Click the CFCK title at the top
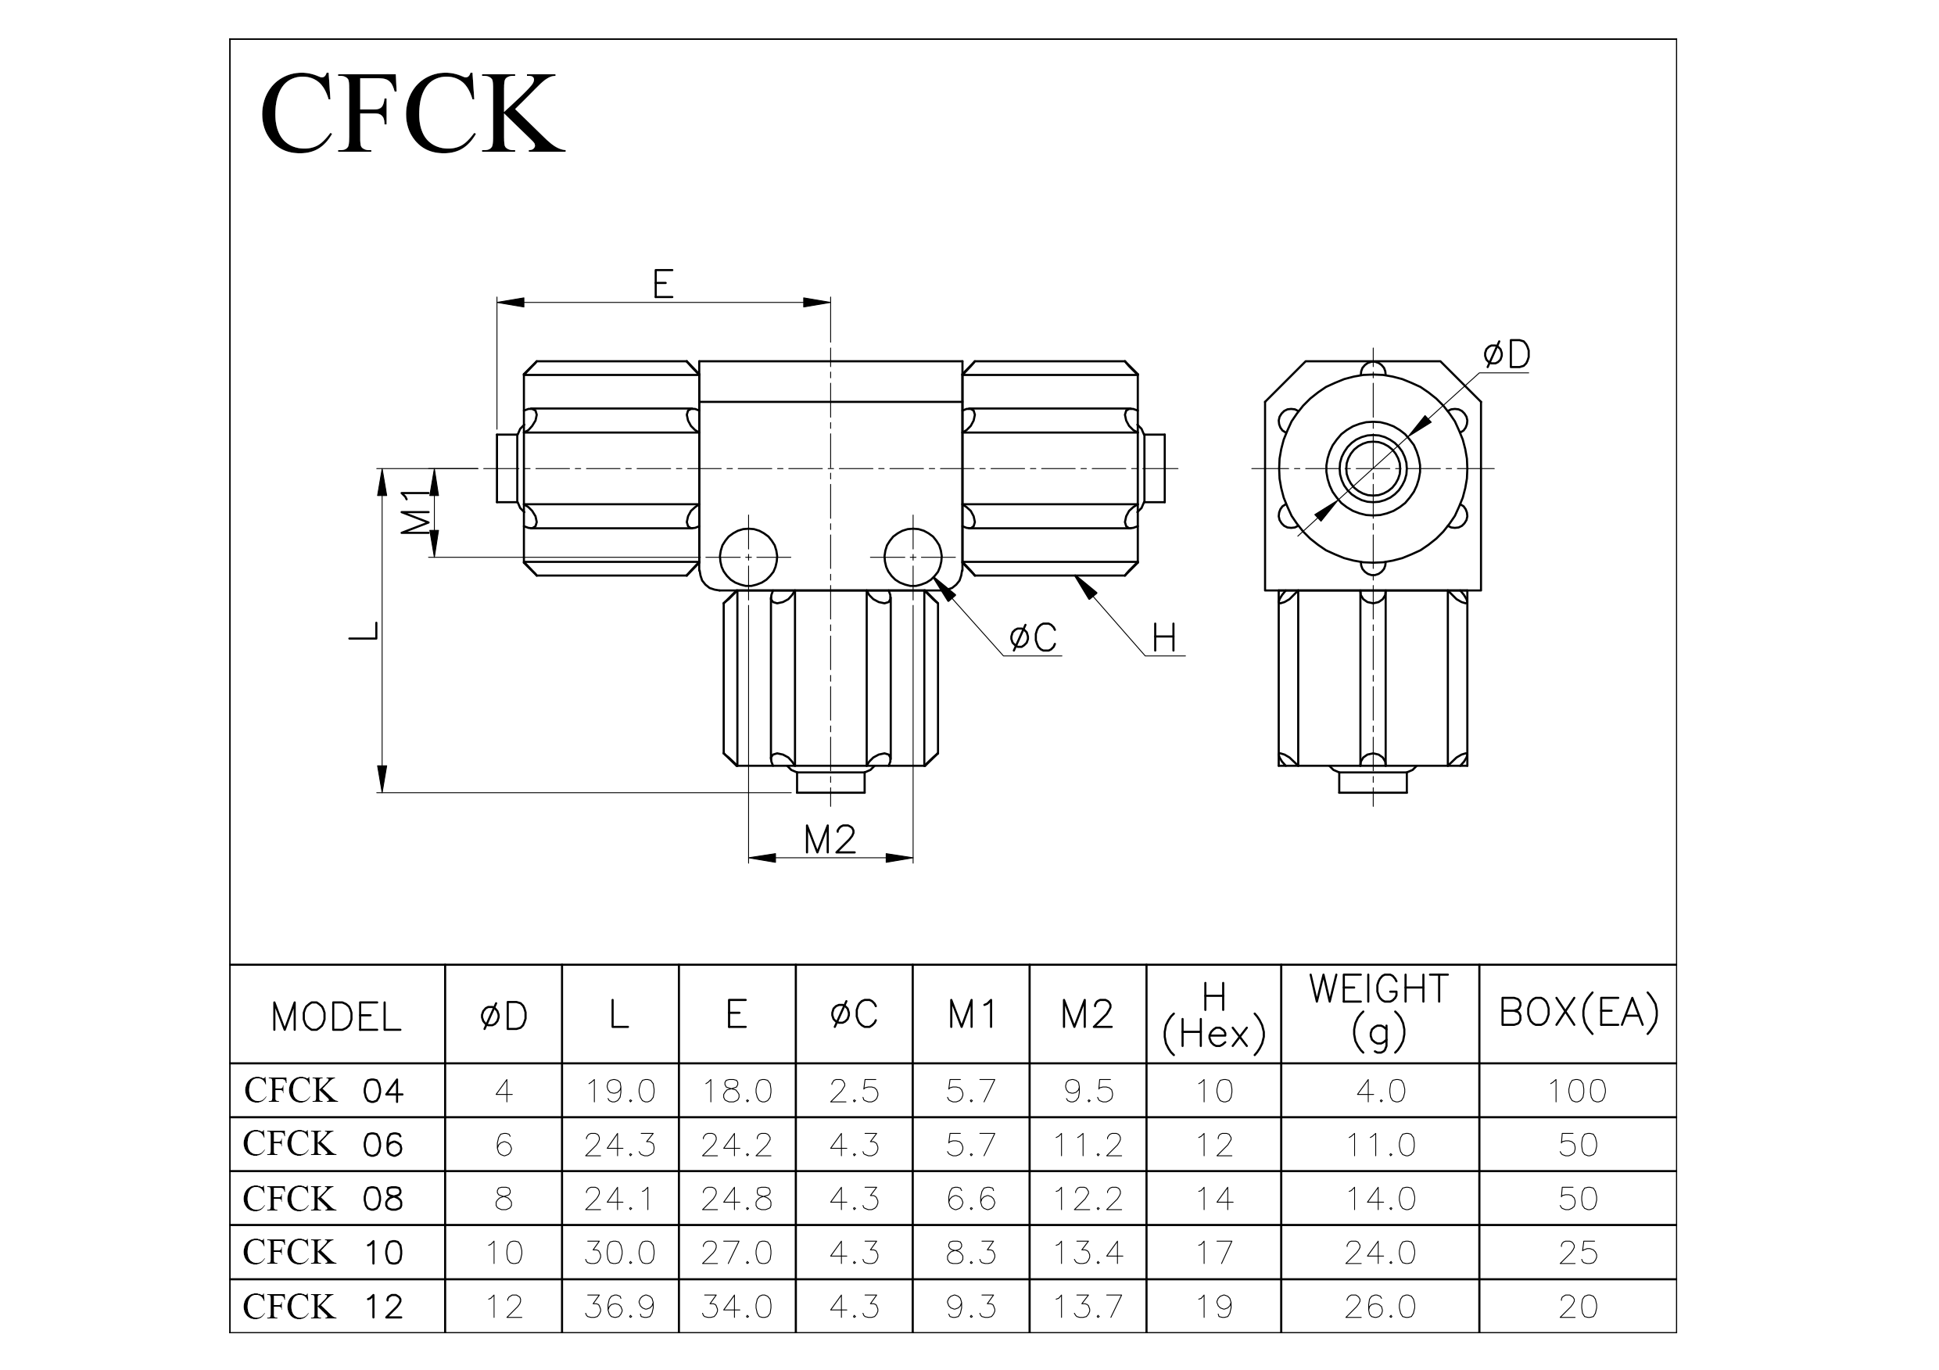[411, 113]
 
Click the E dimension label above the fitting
[663, 284]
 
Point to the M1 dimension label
[415, 512]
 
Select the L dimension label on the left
[364, 630]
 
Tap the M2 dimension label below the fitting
[830, 840]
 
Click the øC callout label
[1033, 638]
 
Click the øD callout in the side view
[1507, 355]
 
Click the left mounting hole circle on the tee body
[748, 558]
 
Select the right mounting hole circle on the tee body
[913, 558]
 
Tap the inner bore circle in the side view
[1373, 468]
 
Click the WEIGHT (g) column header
[1379, 1012]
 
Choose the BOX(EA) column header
[1579, 1012]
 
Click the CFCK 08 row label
[324, 1198]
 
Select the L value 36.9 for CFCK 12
[620, 1307]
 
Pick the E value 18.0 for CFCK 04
[737, 1090]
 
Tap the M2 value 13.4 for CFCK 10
[1088, 1253]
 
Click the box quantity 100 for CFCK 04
[1578, 1090]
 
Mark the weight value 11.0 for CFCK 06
[1380, 1145]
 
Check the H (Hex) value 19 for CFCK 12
[1213, 1307]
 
